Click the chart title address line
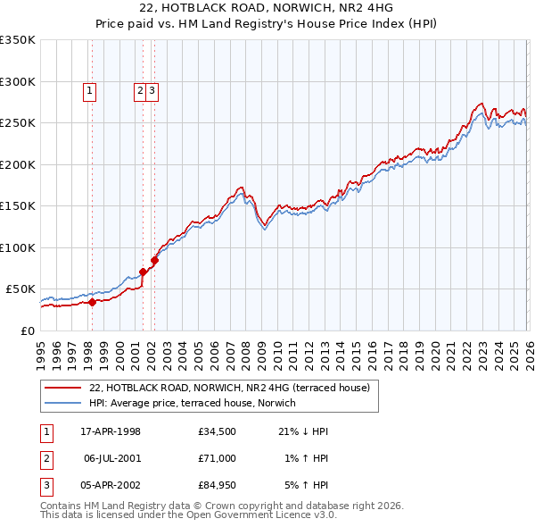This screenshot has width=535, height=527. point(267,9)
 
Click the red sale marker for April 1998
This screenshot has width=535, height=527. point(92,302)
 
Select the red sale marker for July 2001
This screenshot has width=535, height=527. point(143,272)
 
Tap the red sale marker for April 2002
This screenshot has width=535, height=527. point(154,260)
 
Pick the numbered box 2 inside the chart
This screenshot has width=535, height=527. point(141,89)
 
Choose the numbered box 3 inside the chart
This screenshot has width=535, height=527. point(152,89)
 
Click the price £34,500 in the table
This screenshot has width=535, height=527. point(218,431)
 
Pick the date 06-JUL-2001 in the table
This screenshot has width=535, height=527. point(111,458)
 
